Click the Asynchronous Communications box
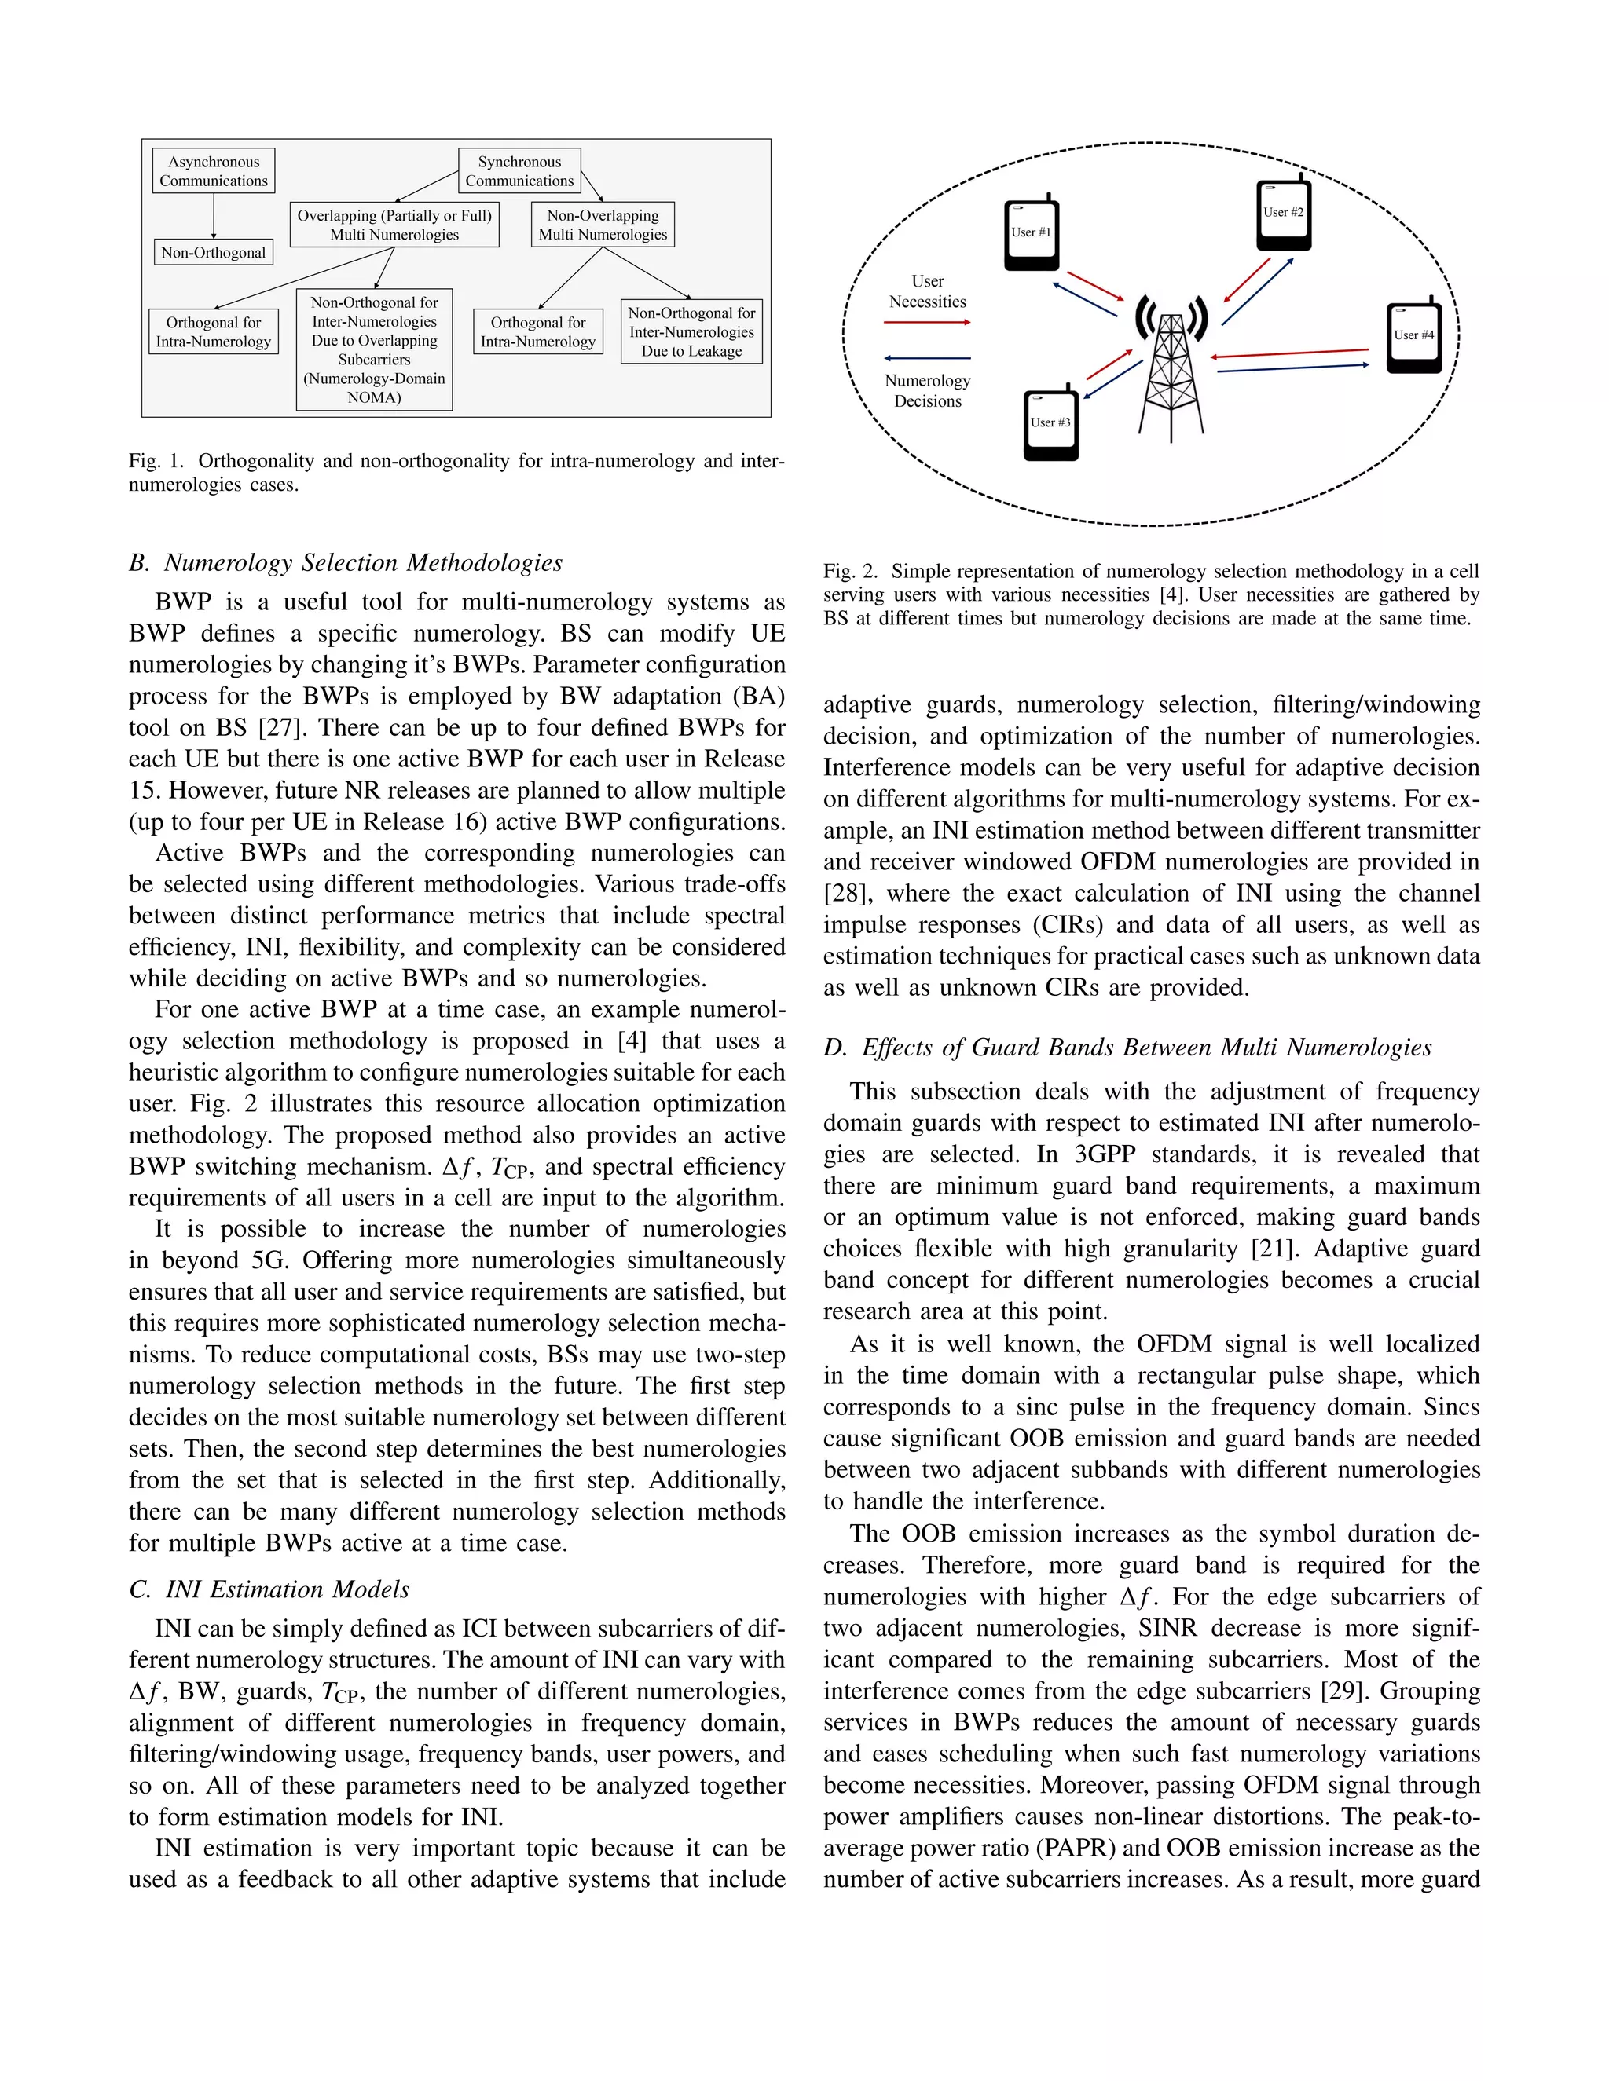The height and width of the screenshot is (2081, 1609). coord(214,171)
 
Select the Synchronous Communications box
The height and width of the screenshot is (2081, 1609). coord(519,171)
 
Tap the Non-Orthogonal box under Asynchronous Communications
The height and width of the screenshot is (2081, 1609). coord(214,253)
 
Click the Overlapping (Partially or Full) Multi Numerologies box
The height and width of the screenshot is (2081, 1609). coord(394,225)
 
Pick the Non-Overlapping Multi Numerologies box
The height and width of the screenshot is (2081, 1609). coord(603,225)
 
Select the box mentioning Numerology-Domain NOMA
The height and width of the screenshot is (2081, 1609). coord(375,349)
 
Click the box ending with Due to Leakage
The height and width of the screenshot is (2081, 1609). coord(691,331)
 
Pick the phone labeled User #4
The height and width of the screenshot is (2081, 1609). coord(1413,338)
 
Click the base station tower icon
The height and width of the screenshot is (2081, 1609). coord(1171,367)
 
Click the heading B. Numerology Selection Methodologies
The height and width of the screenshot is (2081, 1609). coord(346,563)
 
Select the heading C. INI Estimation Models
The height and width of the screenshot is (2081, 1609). coord(269,1589)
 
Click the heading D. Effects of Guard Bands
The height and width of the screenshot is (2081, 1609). coord(1127,1047)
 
